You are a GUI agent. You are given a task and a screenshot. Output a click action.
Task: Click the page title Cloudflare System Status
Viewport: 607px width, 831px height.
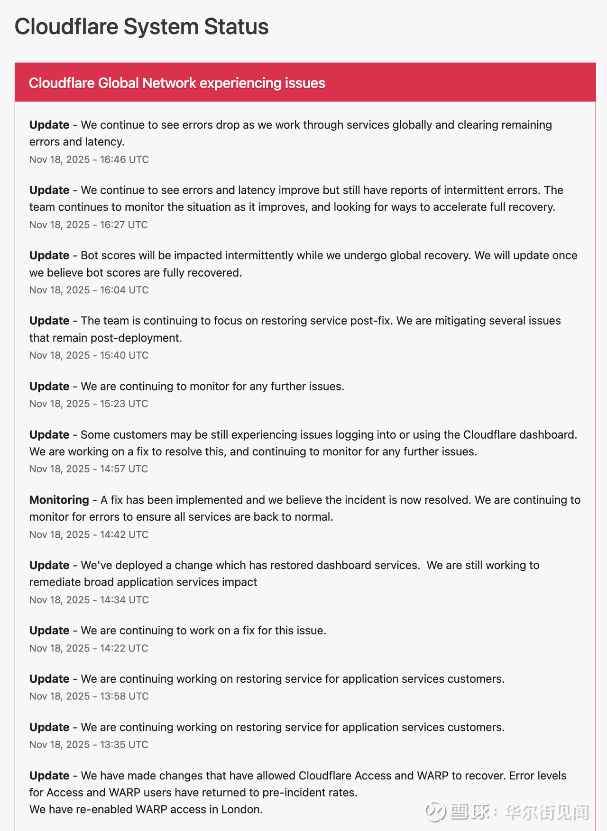pyautogui.click(x=141, y=27)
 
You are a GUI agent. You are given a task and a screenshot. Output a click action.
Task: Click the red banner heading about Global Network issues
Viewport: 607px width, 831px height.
pyautogui.click(x=177, y=83)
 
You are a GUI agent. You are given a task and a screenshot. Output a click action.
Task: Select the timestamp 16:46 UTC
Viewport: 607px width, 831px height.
pyautogui.click(x=89, y=160)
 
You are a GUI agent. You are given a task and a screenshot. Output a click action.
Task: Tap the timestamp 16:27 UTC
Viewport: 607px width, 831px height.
pyautogui.click(x=88, y=225)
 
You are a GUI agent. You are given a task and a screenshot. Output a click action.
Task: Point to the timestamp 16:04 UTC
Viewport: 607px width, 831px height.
pyautogui.click(x=89, y=290)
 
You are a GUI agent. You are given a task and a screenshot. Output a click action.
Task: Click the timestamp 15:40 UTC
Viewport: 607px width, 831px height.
pyautogui.click(x=89, y=355)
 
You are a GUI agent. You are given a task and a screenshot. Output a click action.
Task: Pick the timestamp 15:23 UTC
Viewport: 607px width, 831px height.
pyautogui.click(x=89, y=404)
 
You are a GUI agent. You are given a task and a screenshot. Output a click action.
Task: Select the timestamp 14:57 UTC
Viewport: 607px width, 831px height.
pyautogui.click(x=89, y=469)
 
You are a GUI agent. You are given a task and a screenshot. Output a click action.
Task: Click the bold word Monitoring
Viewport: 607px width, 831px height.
pyautogui.click(x=59, y=500)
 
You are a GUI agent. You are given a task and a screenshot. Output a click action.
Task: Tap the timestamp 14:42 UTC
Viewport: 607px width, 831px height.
pyautogui.click(x=89, y=534)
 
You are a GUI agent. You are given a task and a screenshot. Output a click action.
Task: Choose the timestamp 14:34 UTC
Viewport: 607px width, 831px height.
pyautogui.click(x=89, y=600)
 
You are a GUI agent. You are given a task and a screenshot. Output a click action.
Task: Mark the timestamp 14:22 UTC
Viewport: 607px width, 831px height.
pyautogui.click(x=89, y=648)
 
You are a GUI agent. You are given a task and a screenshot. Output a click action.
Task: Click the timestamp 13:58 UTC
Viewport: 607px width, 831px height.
pyautogui.click(x=89, y=696)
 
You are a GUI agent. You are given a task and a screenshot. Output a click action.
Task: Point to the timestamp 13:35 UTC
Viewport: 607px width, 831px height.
pyautogui.click(x=89, y=745)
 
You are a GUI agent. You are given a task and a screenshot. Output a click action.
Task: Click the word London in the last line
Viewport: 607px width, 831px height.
pyautogui.click(x=242, y=809)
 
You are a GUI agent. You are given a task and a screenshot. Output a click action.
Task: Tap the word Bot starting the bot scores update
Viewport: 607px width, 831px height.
pyautogui.click(x=89, y=256)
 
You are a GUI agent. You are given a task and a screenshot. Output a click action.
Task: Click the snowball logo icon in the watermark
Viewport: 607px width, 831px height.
pyautogui.click(x=435, y=812)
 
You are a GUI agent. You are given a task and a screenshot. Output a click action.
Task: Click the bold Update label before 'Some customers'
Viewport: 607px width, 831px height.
pyautogui.click(x=49, y=434)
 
